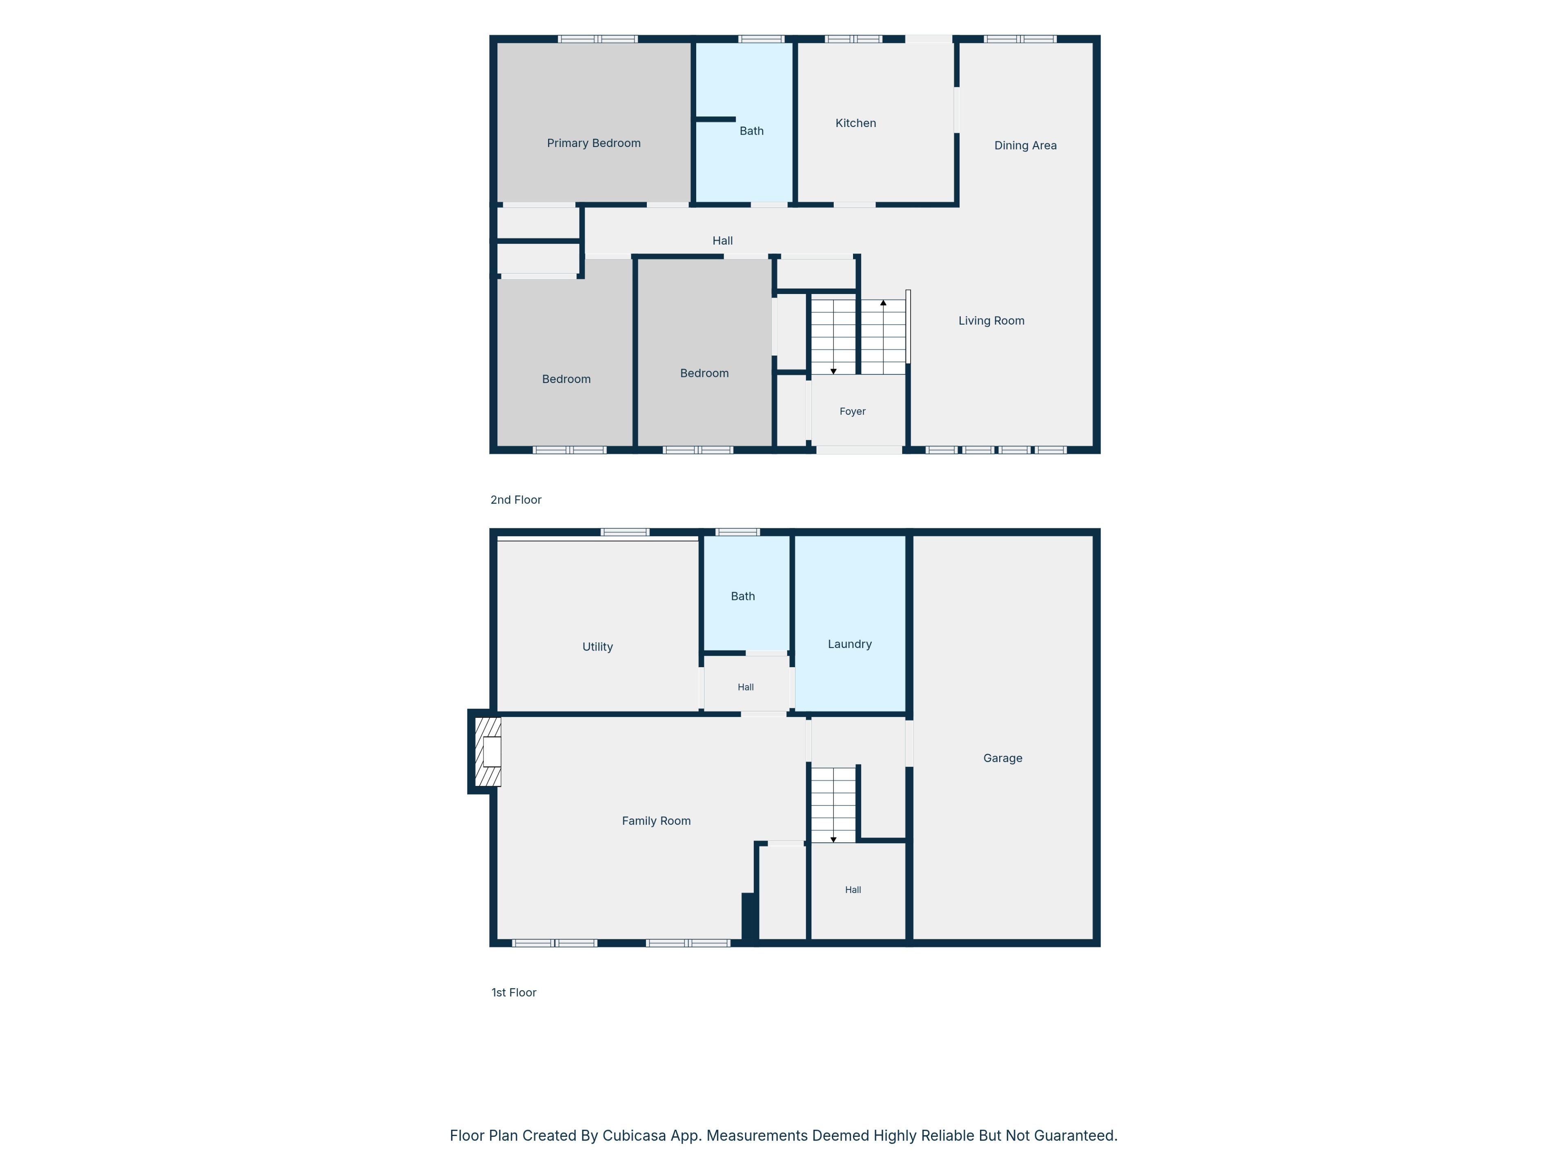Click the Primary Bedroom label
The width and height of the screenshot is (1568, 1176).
pos(593,143)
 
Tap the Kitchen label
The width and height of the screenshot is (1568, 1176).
pos(855,123)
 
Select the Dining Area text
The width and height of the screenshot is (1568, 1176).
pos(1025,145)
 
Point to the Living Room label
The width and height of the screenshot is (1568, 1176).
pos(991,321)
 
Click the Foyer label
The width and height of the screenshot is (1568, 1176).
pos(852,411)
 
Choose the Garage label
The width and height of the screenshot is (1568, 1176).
pos(1002,759)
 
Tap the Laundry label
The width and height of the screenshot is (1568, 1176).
pos(849,644)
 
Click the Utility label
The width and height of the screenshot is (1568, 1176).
pos(597,647)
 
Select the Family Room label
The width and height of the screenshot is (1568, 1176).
pos(656,821)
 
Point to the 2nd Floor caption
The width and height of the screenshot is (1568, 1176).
pos(515,500)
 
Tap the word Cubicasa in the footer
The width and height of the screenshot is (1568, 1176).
pos(634,1136)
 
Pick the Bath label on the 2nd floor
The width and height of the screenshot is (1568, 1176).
pos(751,131)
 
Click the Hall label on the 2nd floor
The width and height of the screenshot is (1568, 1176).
pos(722,241)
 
